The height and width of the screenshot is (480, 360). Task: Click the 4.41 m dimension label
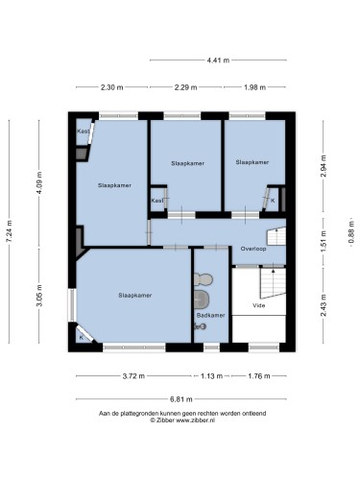click(x=218, y=60)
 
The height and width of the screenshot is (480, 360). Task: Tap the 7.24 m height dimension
click(x=10, y=231)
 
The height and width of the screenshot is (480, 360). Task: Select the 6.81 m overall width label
click(x=181, y=399)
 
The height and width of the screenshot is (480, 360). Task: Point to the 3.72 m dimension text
click(x=133, y=376)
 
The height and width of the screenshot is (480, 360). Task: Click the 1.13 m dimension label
click(x=211, y=376)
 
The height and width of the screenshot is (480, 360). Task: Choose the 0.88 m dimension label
click(x=351, y=232)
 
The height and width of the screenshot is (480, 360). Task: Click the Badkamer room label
click(x=210, y=315)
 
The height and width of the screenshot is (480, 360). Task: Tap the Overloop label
click(x=253, y=249)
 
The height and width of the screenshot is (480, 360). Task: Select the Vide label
click(x=258, y=305)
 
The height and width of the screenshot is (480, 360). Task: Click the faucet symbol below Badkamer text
click(x=200, y=326)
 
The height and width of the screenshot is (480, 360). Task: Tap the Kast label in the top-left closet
click(x=84, y=132)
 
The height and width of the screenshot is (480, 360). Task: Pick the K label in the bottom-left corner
click(x=81, y=338)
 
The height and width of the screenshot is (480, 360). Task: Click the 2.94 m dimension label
click(x=324, y=166)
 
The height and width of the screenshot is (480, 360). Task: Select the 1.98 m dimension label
click(x=254, y=87)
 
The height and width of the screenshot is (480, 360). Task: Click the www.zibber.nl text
click(x=195, y=420)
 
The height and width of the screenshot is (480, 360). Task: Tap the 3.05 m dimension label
click(x=39, y=296)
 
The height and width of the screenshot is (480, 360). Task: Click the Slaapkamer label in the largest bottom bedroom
click(x=135, y=296)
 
